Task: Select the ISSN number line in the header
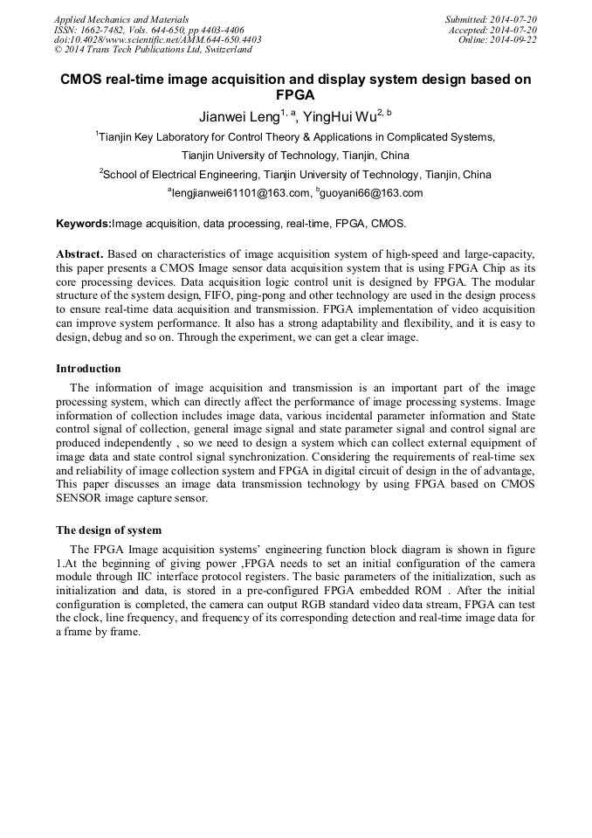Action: click(149, 29)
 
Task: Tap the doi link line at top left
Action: click(157, 39)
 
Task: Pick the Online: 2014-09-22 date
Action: click(498, 39)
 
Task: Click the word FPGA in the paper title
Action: click(295, 94)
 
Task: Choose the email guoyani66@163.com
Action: click(371, 193)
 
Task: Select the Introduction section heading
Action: click(88, 368)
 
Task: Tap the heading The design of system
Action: click(108, 530)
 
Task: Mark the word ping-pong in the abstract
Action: click(261, 296)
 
